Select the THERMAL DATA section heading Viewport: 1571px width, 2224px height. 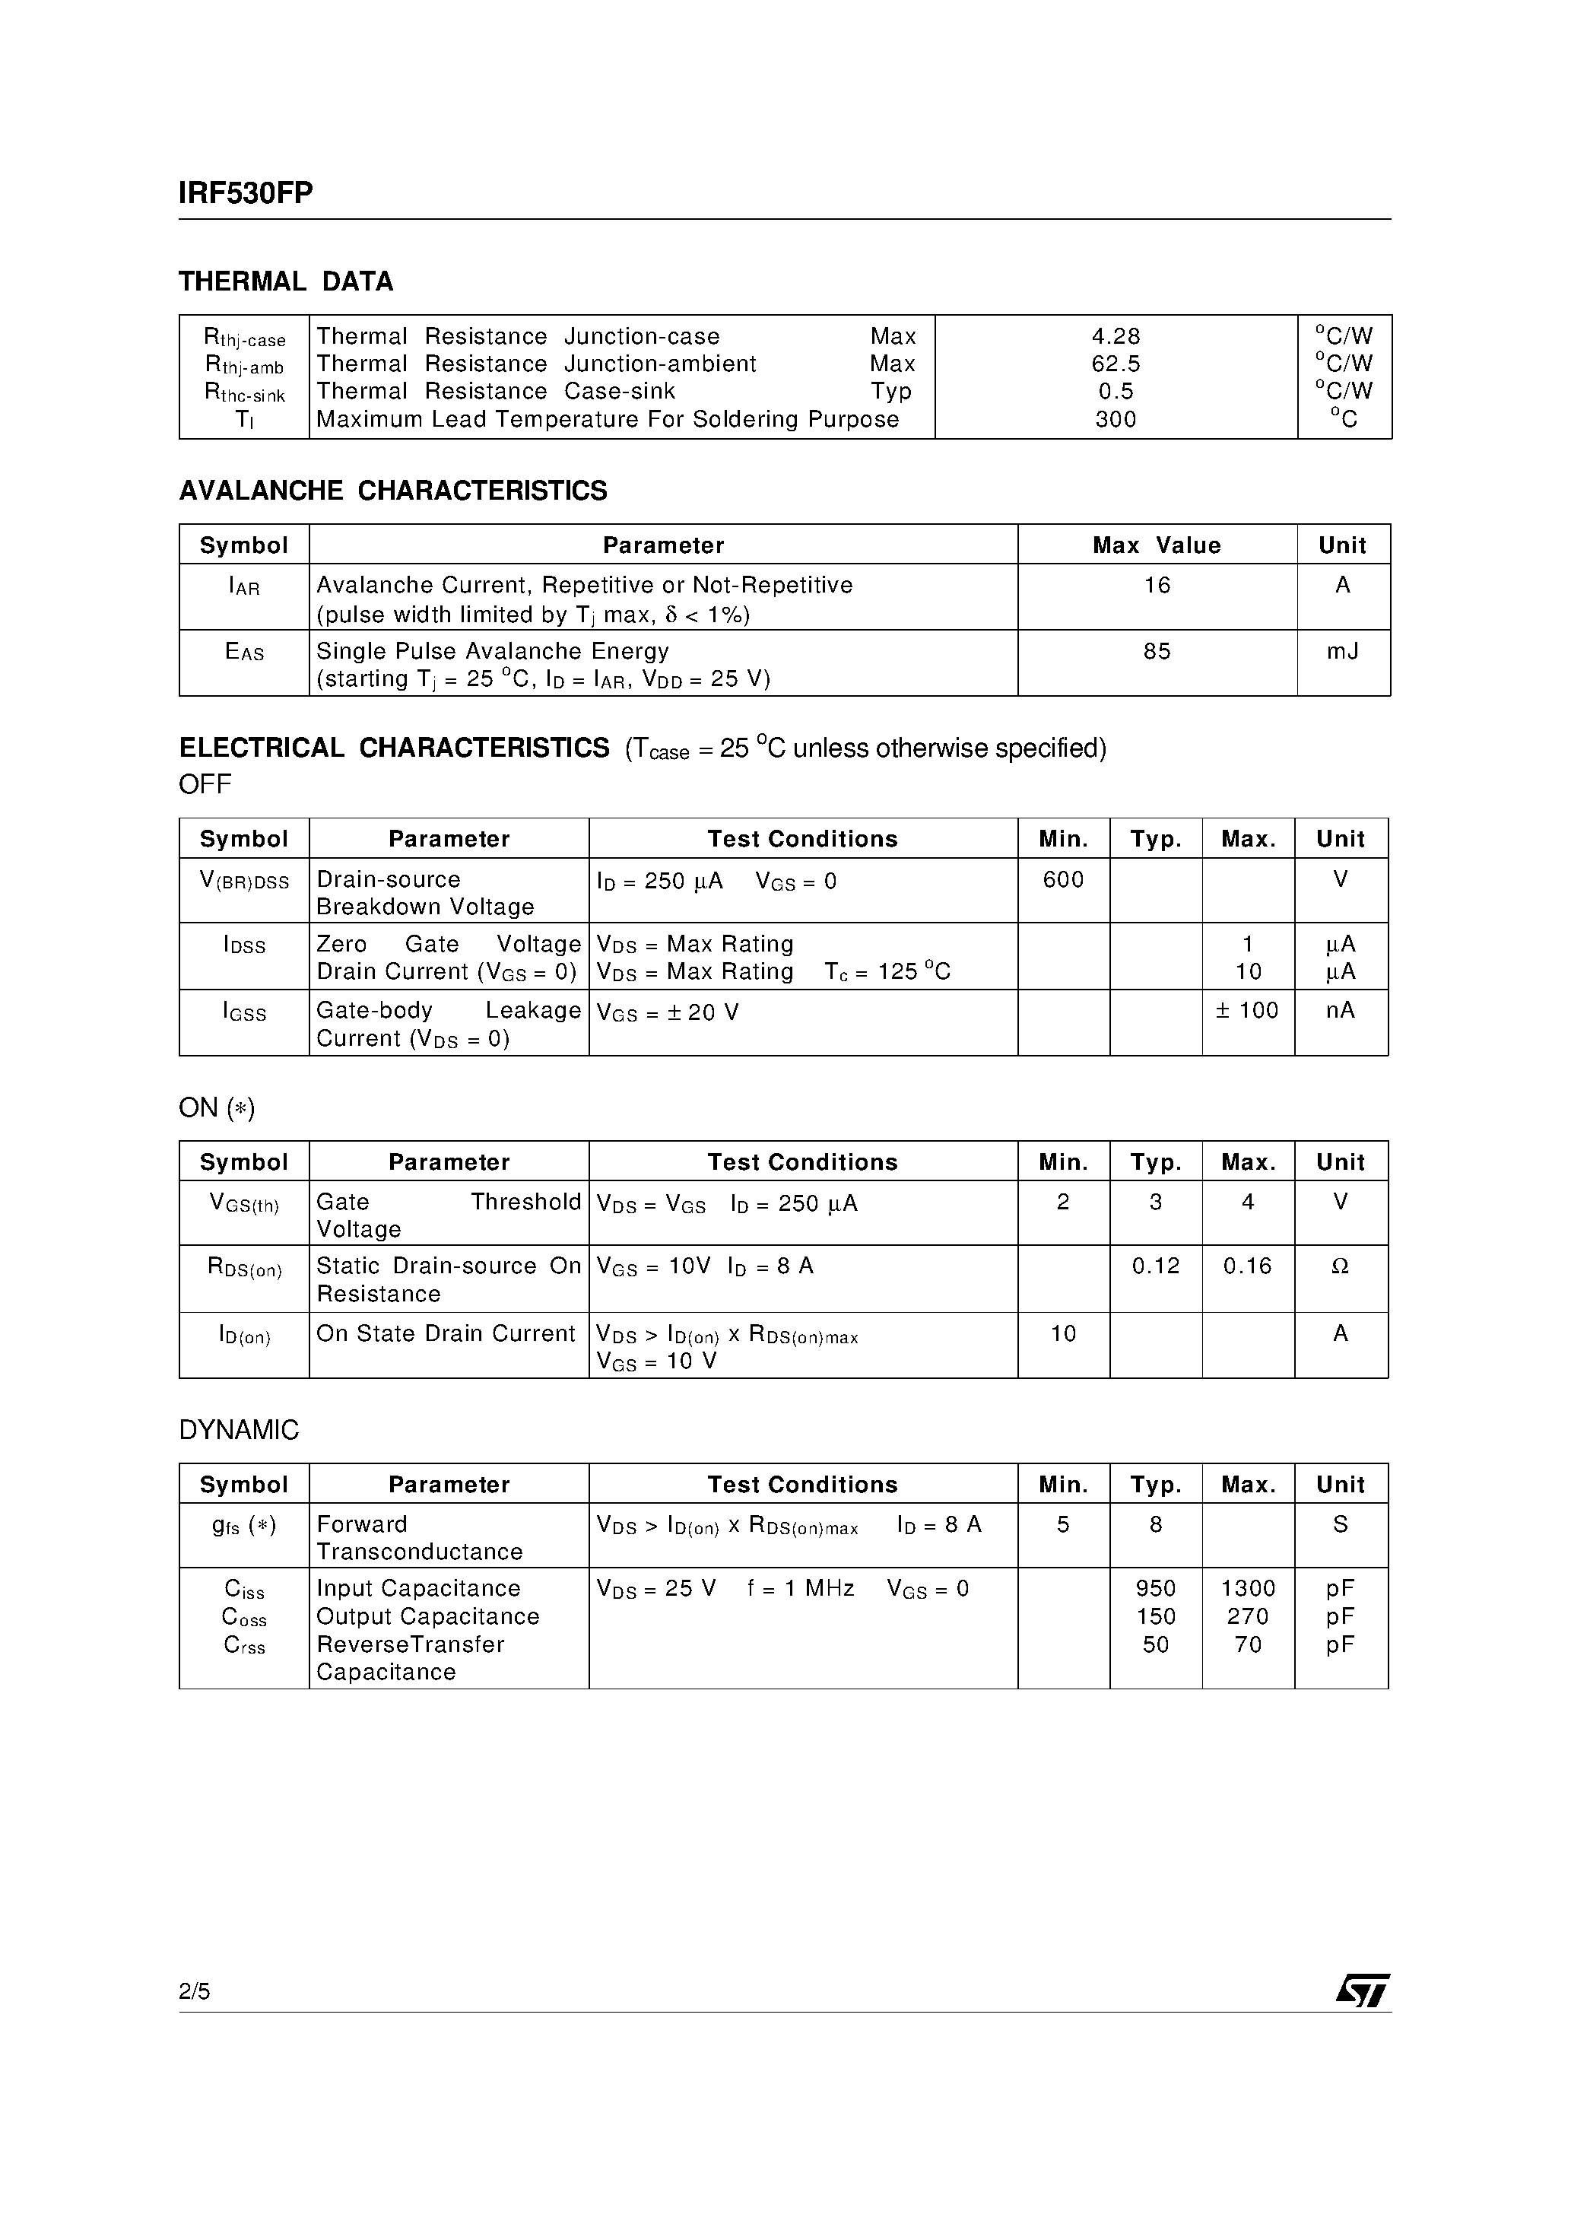[x=286, y=282]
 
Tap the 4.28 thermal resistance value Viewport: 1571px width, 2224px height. [x=1116, y=336]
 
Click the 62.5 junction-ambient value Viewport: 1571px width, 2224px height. [x=1116, y=364]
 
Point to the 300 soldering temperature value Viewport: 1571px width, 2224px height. [x=1116, y=419]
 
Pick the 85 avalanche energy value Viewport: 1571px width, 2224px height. [x=1157, y=652]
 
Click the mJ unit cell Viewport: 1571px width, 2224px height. [x=1342, y=652]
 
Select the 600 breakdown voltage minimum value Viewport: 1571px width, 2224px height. [x=1062, y=879]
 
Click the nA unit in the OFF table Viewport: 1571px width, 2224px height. [x=1341, y=1010]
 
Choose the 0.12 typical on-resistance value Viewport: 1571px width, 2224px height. [x=1156, y=1266]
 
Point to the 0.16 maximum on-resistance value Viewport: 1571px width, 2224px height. [x=1248, y=1266]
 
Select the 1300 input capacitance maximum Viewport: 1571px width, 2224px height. [x=1248, y=1589]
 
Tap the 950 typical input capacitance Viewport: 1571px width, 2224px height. [x=1156, y=1589]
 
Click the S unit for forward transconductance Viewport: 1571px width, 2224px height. [x=1341, y=1525]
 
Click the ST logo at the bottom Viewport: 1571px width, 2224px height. [x=1363, y=1991]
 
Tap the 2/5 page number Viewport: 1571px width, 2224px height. [x=195, y=1991]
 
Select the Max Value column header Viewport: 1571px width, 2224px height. [x=1157, y=545]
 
